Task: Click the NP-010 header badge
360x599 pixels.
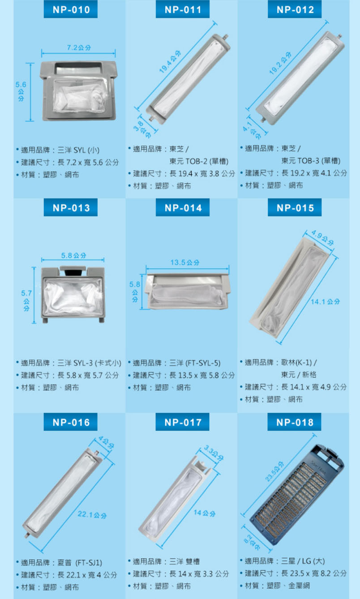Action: click(x=71, y=9)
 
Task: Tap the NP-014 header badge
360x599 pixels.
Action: click(x=183, y=207)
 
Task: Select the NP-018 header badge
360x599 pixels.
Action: click(x=294, y=422)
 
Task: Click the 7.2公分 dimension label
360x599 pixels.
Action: click(x=79, y=47)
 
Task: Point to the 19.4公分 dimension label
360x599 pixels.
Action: click(x=170, y=62)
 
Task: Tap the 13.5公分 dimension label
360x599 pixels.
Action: click(x=185, y=263)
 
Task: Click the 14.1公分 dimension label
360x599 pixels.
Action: click(x=325, y=302)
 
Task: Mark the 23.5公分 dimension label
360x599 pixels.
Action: click(x=274, y=471)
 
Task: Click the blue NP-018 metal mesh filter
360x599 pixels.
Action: click(x=297, y=495)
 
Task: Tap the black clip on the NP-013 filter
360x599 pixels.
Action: click(x=73, y=272)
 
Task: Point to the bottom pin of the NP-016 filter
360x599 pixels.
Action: click(x=27, y=535)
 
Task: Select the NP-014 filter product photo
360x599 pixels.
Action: click(x=187, y=292)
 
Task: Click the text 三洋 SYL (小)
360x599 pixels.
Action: click(x=78, y=150)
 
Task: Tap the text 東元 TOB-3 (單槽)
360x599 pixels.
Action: click(x=311, y=160)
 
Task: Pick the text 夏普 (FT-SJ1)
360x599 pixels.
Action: click(x=80, y=563)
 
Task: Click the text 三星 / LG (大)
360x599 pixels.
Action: click(x=303, y=561)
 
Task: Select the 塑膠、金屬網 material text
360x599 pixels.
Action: click(x=288, y=586)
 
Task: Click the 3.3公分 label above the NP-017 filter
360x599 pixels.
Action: click(x=214, y=452)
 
